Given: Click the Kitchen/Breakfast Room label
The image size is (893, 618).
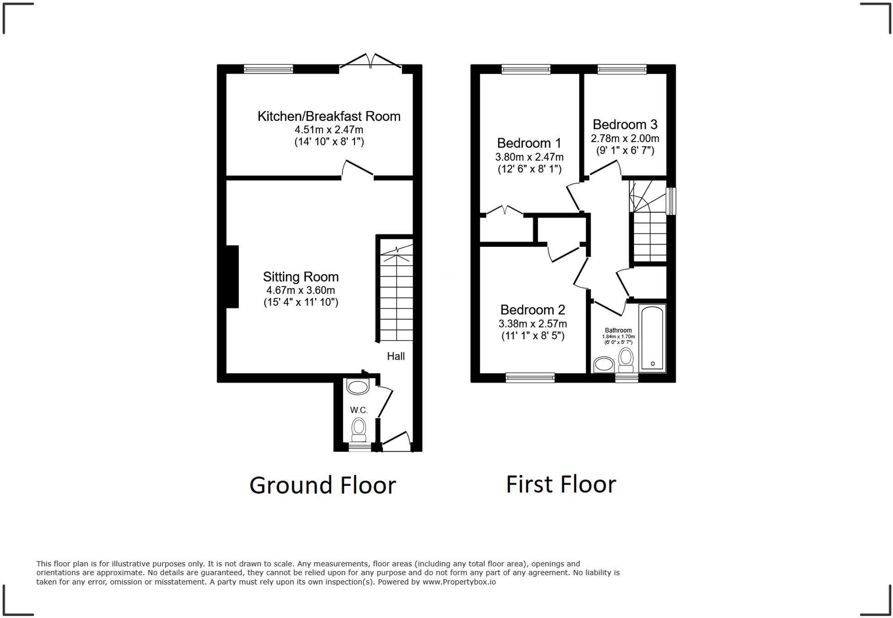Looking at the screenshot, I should tap(328, 116).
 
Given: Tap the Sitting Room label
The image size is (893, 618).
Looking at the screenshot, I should tap(301, 277).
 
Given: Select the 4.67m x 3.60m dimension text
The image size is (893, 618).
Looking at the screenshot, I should tap(301, 290).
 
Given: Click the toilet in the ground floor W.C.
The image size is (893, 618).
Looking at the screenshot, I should tap(359, 430).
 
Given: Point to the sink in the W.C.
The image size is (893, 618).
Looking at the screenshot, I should tap(357, 387).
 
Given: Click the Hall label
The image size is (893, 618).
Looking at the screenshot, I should tap(396, 357).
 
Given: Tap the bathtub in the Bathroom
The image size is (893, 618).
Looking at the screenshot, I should tap(652, 338).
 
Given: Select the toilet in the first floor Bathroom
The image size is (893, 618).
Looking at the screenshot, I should tap(626, 360).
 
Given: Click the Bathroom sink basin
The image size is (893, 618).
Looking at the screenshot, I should tap(604, 365).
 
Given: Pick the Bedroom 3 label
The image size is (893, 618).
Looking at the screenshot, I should tap(625, 124).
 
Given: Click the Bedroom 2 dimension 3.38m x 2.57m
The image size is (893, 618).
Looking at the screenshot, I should tap(533, 324).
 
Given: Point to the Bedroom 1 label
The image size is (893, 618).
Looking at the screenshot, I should tap(529, 143).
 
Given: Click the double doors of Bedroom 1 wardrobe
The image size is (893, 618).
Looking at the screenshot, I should tap(505, 211).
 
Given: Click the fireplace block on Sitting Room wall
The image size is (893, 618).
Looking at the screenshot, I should tap(232, 277).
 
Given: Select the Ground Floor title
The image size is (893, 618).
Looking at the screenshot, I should tap(323, 485).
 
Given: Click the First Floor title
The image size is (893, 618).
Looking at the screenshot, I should tap(561, 484).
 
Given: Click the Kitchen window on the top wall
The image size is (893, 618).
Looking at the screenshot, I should tap(268, 69).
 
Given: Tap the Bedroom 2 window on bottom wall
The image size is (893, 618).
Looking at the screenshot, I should tap(530, 378).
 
